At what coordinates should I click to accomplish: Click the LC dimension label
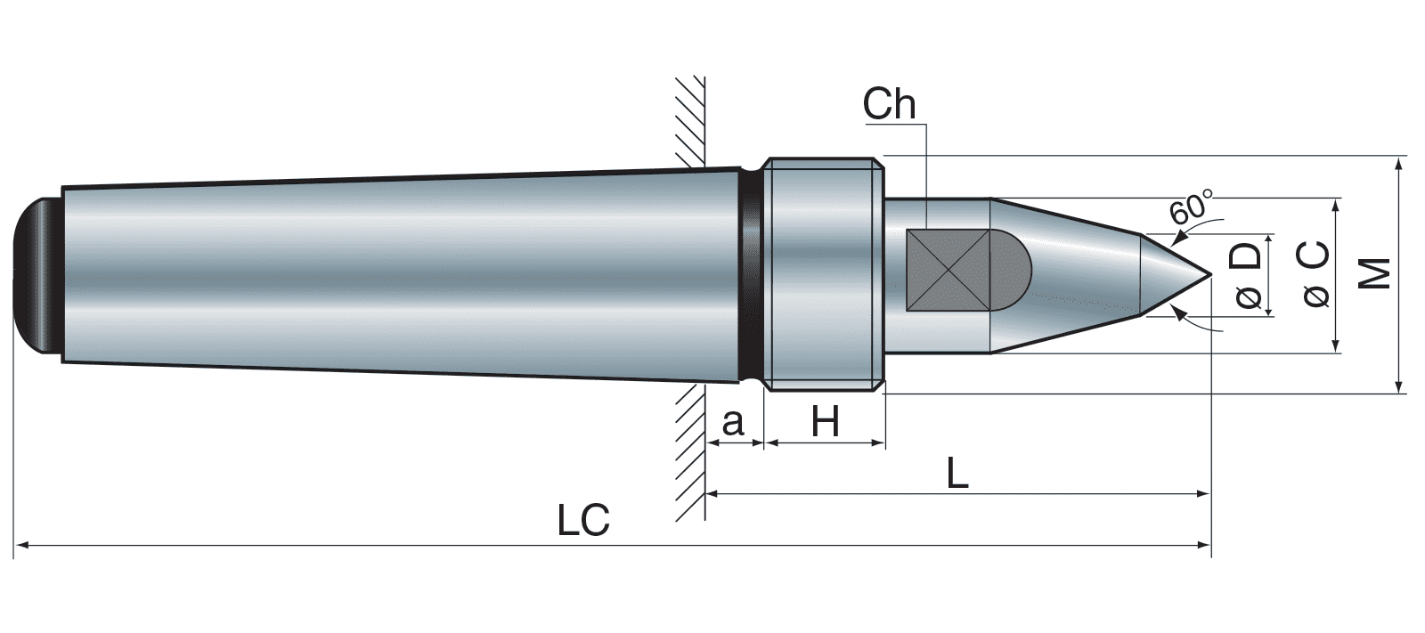(583, 520)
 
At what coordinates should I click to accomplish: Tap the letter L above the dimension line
(957, 473)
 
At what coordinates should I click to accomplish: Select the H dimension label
(826, 422)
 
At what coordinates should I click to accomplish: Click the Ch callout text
(889, 105)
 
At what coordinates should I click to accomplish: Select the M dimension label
(1376, 274)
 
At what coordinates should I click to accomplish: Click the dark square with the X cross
(948, 271)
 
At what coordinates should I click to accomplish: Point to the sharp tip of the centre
(1209, 272)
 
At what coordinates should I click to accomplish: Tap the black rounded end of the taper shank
(38, 275)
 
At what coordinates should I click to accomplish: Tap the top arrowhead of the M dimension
(1400, 165)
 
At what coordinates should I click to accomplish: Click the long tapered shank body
(401, 275)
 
